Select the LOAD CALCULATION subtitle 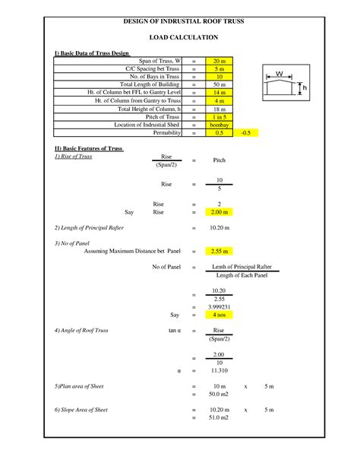pos(183,36)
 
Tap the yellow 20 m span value pos(219,60)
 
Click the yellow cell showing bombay pos(219,124)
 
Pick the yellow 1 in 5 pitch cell pos(219,116)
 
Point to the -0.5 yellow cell pos(245,132)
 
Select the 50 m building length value pos(219,84)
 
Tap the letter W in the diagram pos(279,74)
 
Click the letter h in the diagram pos(304,89)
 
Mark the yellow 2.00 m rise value pos(219,212)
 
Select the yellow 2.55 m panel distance pos(219,250)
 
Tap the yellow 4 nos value pos(219,314)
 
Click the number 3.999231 pos(219,306)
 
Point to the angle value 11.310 pos(219,370)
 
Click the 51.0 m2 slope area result pos(219,417)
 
